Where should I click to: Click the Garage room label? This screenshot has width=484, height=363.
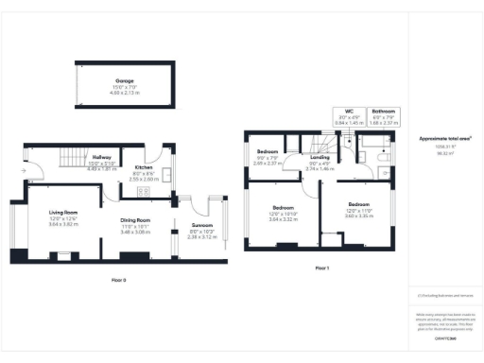[126, 81]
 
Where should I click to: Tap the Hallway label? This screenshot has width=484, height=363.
[101, 157]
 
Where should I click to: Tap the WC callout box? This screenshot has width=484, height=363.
[350, 117]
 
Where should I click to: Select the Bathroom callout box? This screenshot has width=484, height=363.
[383, 117]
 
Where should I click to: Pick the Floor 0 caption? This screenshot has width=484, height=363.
[119, 280]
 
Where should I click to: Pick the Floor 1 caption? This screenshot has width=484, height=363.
[322, 268]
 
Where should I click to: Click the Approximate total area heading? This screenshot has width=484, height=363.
[445, 138]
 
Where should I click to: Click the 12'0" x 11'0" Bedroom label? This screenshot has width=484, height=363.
[358, 205]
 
